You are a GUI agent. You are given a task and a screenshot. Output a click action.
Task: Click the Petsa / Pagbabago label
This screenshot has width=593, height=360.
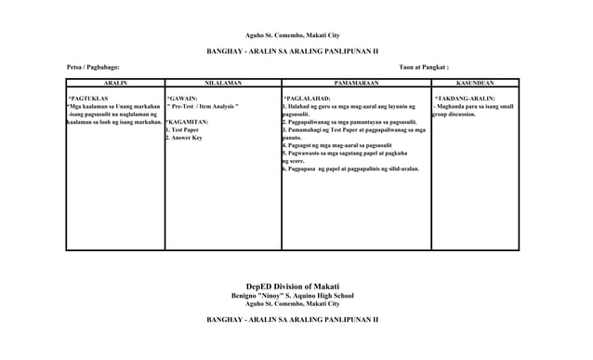click(x=93, y=68)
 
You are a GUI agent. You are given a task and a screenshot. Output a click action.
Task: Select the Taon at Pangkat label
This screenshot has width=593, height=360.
click(x=424, y=68)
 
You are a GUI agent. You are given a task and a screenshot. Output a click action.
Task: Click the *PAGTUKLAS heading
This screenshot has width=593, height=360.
click(x=89, y=98)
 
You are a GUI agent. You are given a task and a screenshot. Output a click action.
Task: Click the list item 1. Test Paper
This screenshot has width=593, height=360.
click(x=182, y=130)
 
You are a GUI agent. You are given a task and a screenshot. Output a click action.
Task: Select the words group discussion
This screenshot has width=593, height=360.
click(x=455, y=114)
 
